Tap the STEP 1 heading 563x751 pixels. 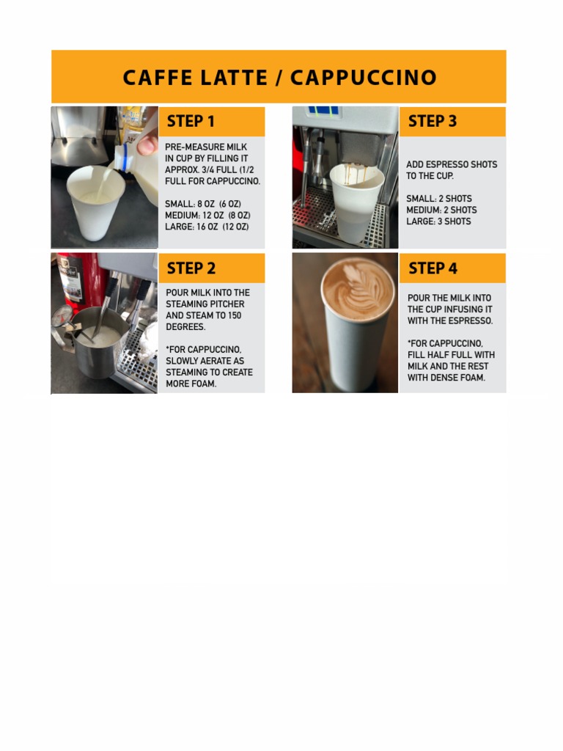point(191,122)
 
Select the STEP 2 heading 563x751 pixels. point(191,268)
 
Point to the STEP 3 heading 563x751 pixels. point(433,122)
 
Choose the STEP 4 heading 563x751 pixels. point(433,268)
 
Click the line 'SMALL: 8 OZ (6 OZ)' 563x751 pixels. point(203,204)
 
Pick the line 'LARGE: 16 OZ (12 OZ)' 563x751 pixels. point(207,227)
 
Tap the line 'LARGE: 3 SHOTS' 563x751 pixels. point(438,221)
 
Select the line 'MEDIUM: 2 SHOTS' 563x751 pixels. point(441,210)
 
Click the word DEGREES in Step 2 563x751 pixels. point(186,327)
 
